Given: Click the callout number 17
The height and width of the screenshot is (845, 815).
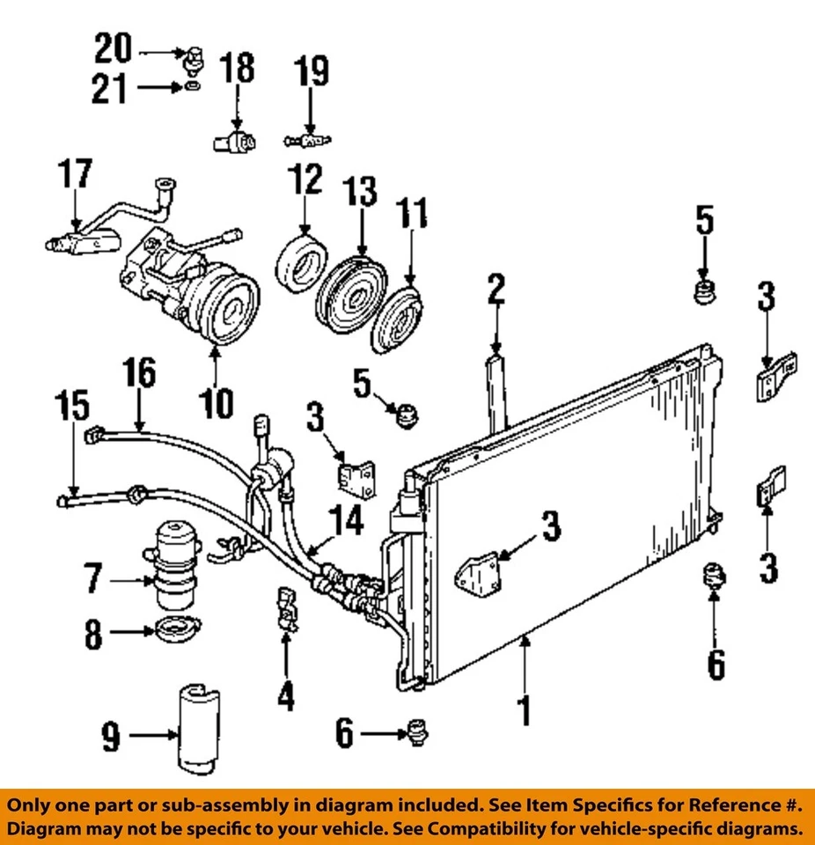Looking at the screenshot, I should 74,173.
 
